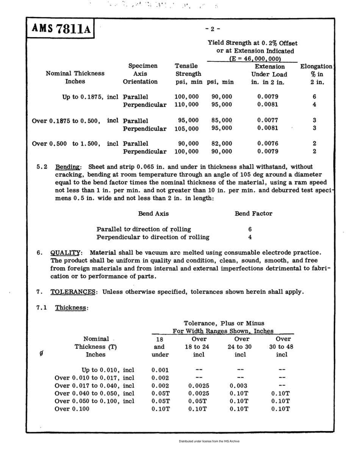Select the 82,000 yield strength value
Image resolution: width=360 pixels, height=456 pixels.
[x=221, y=144]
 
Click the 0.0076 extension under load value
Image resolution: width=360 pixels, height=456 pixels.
[x=268, y=144]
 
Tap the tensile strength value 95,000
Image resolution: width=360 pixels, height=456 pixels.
[x=188, y=121]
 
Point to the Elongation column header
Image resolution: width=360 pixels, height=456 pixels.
[x=316, y=66]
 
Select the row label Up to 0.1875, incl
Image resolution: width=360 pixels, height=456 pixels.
[x=91, y=97]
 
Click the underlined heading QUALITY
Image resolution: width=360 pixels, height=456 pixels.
[x=66, y=252]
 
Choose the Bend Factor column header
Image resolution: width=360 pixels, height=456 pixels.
[x=254, y=213]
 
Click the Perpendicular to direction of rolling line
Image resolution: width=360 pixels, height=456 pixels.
[x=153, y=237]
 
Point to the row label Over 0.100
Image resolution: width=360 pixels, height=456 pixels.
[x=72, y=409]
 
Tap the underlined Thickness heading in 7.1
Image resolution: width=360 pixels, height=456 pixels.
[x=71, y=308]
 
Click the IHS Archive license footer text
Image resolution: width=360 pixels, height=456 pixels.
[x=209, y=441]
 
